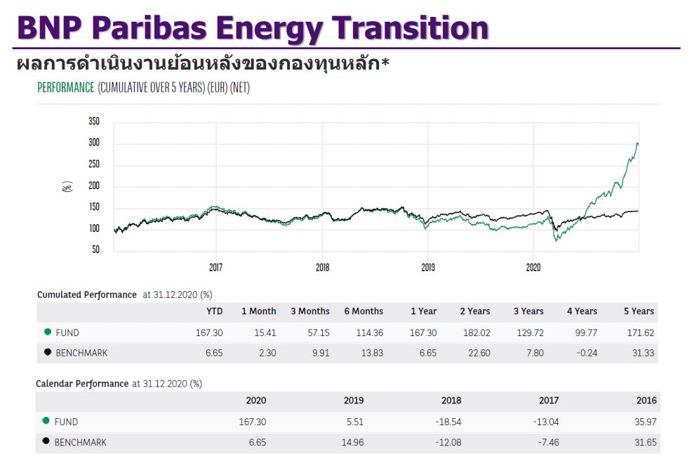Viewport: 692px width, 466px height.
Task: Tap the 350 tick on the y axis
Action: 94,122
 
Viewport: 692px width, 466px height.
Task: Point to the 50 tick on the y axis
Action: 96,250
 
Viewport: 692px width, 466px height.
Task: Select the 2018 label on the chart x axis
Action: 322,268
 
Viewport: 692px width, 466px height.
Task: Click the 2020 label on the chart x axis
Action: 533,268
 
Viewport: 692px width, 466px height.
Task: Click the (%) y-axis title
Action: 67,187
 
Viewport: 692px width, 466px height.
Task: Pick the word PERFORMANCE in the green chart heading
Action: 65,88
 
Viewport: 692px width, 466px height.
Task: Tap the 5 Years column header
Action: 639,311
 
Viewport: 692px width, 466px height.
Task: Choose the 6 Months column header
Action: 364,311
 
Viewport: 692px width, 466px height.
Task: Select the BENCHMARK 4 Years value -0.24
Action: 586,353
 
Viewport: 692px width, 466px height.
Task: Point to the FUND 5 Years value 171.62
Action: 640,332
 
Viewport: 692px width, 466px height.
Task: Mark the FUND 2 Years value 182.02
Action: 477,332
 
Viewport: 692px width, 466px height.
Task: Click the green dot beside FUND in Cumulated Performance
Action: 47,332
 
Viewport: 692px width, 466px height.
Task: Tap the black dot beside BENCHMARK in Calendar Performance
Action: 46,441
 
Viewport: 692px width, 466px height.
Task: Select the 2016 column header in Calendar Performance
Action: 646,401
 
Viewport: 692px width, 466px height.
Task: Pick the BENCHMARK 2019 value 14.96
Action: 351,442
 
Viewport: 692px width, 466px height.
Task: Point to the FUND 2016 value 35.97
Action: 645,422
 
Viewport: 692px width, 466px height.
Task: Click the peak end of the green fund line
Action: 637,143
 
